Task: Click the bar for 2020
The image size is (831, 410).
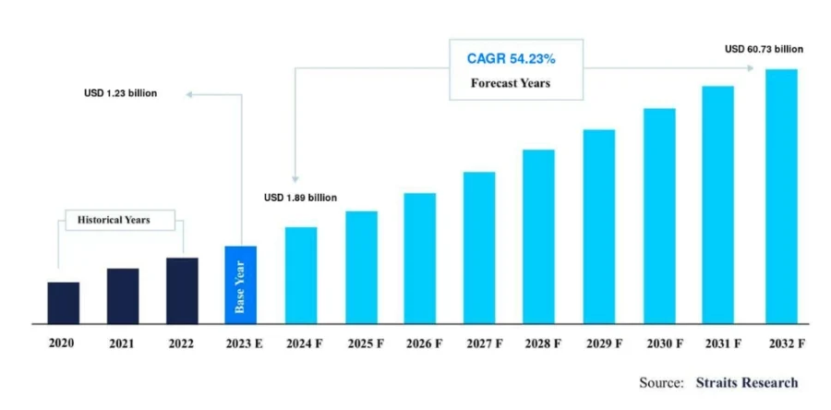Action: (x=64, y=303)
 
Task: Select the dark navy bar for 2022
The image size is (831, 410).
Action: (x=182, y=290)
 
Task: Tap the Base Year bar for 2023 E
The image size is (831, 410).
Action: (x=241, y=284)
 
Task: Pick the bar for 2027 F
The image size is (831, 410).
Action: (x=479, y=247)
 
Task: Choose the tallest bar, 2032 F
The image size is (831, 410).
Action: (x=781, y=196)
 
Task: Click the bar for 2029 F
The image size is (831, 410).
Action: (x=599, y=226)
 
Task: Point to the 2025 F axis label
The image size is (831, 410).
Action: (x=366, y=344)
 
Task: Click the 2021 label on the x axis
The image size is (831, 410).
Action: (x=123, y=344)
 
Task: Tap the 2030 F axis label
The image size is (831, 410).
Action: (x=665, y=344)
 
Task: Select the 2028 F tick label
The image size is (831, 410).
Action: (x=543, y=344)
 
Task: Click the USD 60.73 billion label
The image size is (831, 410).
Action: (x=765, y=49)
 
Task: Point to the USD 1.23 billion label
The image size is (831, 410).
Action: (x=121, y=93)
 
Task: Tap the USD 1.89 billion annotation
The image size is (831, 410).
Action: (x=300, y=198)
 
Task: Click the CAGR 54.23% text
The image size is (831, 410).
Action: (x=511, y=59)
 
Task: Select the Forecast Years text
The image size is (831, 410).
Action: (x=511, y=83)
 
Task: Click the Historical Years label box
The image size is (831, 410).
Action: (x=120, y=220)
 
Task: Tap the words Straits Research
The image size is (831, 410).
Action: (x=747, y=382)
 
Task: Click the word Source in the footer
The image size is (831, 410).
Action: (x=661, y=382)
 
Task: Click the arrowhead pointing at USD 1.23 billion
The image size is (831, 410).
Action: (x=188, y=95)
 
